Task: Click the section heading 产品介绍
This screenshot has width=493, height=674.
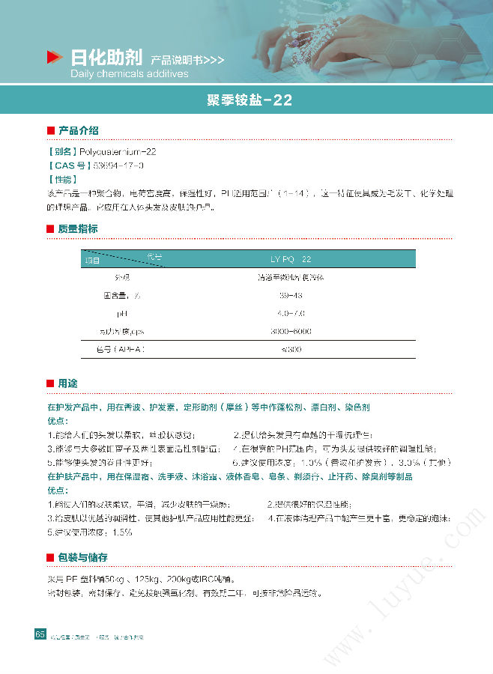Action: point(78,131)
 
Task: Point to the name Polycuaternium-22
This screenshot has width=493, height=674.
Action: point(118,151)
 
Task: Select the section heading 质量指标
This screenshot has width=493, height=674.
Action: point(78,228)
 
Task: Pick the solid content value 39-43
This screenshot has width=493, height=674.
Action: point(289,295)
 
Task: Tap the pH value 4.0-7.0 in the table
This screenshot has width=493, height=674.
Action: point(290,313)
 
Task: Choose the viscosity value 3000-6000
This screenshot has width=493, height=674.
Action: point(290,331)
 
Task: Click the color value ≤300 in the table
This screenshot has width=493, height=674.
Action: point(290,349)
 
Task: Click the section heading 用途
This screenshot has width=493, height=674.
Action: point(67,383)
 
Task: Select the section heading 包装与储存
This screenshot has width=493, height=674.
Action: point(82,557)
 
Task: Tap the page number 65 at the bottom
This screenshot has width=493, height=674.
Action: point(40,634)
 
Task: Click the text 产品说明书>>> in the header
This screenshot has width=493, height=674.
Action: point(187,59)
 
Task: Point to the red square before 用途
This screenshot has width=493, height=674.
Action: point(50,383)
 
